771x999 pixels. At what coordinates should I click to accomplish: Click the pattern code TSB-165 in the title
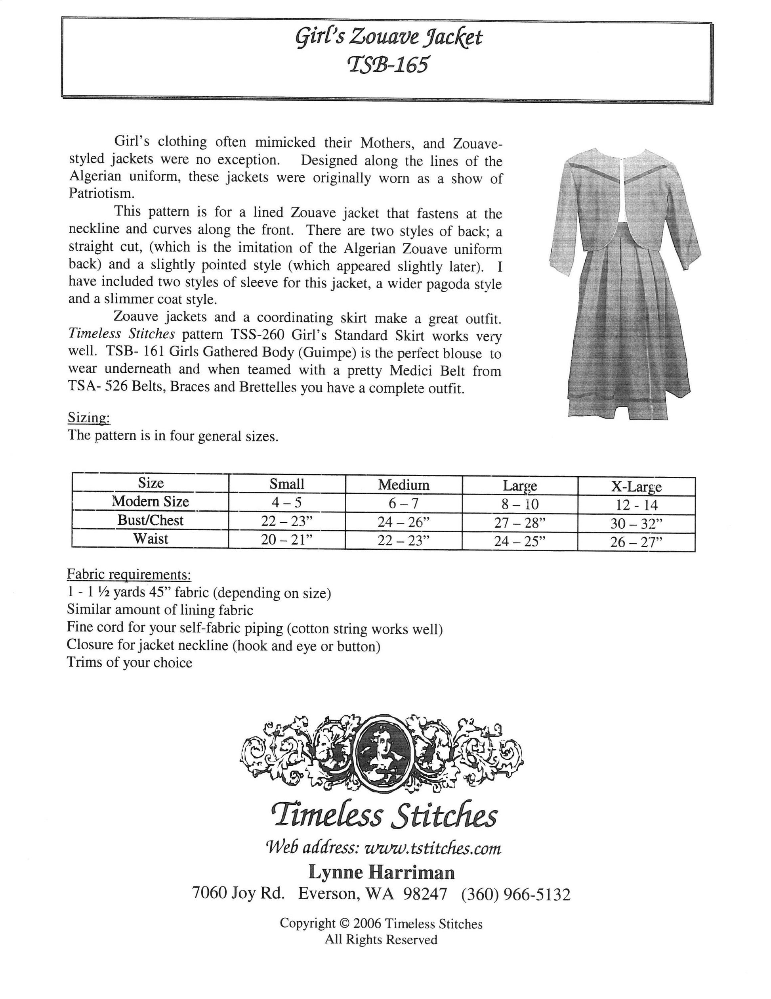tap(388, 65)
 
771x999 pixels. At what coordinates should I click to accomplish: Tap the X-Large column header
tap(636, 487)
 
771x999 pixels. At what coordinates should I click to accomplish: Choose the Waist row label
tap(151, 539)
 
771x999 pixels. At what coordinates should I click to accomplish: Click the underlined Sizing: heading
tap(89, 417)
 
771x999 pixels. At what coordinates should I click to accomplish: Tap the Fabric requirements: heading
tap(129, 574)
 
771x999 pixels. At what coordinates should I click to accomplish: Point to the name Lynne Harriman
tap(382, 872)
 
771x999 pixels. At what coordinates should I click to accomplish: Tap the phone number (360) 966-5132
tap(516, 894)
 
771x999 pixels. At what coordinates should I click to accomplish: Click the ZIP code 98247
tap(425, 894)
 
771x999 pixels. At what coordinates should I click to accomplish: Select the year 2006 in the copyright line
tap(367, 924)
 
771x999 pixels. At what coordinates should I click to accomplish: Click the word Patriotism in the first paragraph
tap(101, 194)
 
